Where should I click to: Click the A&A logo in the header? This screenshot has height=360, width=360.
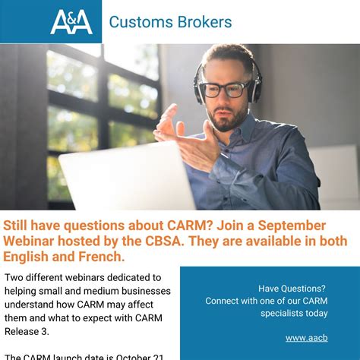(x=71, y=21)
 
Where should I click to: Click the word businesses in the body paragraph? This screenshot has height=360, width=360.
(x=144, y=292)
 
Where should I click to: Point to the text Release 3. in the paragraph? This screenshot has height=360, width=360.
(x=31, y=332)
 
